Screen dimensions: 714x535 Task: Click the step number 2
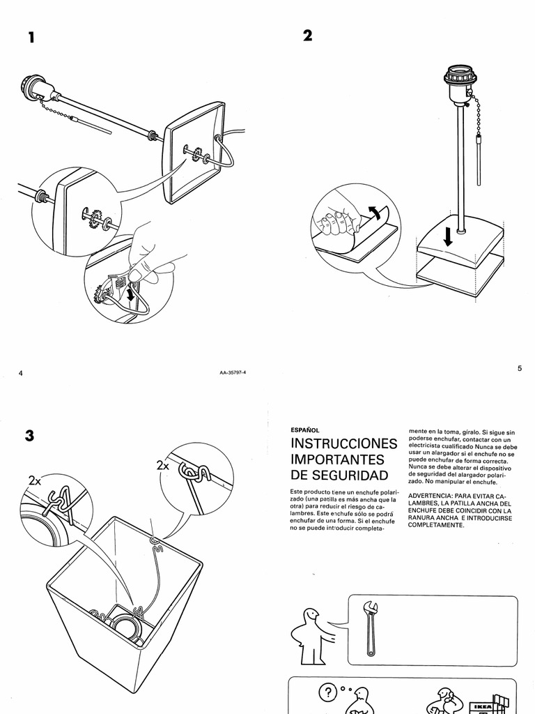(x=308, y=36)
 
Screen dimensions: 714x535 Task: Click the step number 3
(x=29, y=436)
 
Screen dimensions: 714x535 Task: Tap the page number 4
(x=21, y=373)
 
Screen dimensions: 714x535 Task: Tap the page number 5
(x=519, y=368)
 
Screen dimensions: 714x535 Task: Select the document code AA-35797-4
(x=232, y=373)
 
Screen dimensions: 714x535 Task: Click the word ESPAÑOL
(x=304, y=430)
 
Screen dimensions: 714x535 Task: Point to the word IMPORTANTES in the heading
(x=337, y=460)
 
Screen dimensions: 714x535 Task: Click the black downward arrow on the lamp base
(x=448, y=238)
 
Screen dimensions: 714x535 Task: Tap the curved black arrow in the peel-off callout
(x=373, y=213)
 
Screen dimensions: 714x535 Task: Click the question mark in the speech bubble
(x=327, y=693)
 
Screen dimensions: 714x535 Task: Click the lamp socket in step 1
(x=39, y=89)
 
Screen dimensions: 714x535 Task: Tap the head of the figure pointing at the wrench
(x=311, y=616)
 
